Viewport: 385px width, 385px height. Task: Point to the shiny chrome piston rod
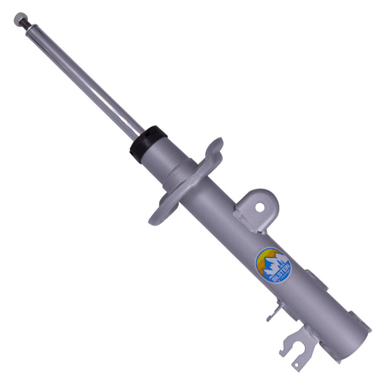pyautogui.click(x=86, y=80)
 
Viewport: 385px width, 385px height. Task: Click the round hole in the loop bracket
pyautogui.click(x=260, y=206)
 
